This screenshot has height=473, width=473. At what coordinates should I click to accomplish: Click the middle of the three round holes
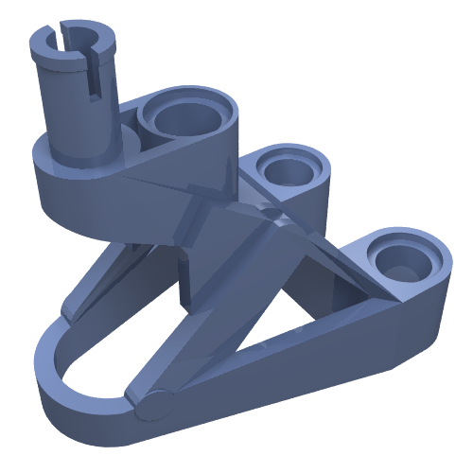point(287,170)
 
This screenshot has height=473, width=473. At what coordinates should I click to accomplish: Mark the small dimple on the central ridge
point(273,217)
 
